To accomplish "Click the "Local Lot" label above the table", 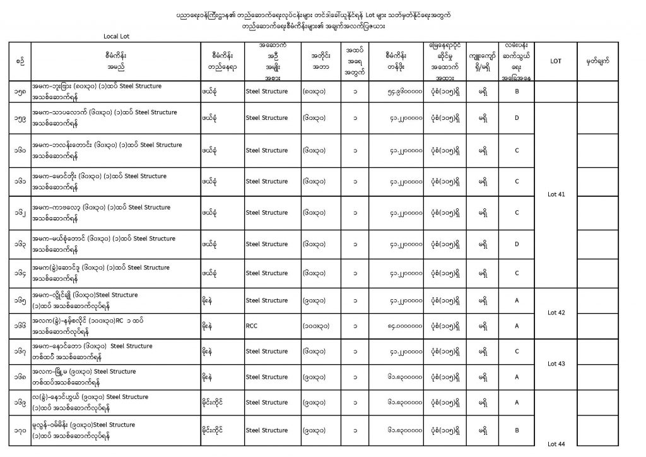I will coord(116,36).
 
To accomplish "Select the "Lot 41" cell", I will coord(556,194).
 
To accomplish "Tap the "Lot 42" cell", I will coord(556,312).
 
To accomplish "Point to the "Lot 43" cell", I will coord(556,364).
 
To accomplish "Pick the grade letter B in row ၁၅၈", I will coord(516,92).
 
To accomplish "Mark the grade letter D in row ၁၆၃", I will coord(516,244).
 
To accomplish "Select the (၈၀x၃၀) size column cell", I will coord(315,92).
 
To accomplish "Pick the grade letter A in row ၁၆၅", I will coord(516,301).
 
